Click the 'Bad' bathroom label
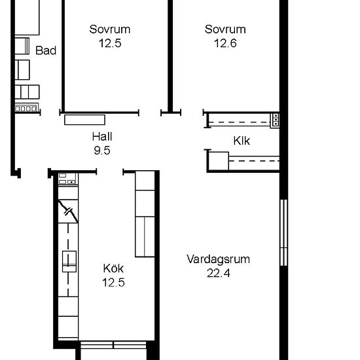click(x=45, y=50)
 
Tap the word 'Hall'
click(x=101, y=137)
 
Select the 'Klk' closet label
click(x=242, y=141)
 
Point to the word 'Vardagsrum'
click(x=218, y=259)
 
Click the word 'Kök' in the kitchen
click(x=113, y=268)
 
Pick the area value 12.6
click(x=225, y=44)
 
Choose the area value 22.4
click(x=218, y=274)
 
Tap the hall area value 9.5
click(x=101, y=150)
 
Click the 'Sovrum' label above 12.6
click(x=225, y=29)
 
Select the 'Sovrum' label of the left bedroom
click(x=109, y=29)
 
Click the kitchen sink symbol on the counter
click(x=69, y=261)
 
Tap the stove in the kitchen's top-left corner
click(x=67, y=179)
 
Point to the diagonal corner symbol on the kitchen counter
click(x=68, y=211)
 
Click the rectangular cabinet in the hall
click(x=85, y=119)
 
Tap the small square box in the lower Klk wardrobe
click(x=218, y=161)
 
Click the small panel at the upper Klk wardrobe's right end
click(x=276, y=119)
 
